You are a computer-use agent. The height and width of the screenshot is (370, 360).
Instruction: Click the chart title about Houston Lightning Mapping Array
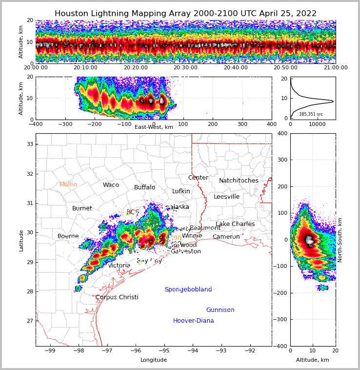tap(185, 14)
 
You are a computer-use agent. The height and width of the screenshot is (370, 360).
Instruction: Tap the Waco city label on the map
tap(111, 185)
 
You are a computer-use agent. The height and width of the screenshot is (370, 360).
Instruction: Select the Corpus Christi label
tap(117, 297)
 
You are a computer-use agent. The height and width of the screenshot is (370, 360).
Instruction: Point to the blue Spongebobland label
tap(188, 289)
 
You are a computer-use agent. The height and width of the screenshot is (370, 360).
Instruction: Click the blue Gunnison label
tap(220, 310)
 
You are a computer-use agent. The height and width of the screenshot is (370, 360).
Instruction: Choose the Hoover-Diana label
tap(194, 321)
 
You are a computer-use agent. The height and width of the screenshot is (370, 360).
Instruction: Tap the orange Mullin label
tap(68, 185)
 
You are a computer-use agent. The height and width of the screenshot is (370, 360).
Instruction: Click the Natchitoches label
tap(239, 181)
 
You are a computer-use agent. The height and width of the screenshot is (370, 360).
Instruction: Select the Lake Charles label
tap(235, 224)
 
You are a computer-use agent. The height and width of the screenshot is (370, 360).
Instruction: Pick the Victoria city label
tap(120, 266)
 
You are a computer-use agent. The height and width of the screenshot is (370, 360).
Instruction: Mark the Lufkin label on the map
tap(181, 191)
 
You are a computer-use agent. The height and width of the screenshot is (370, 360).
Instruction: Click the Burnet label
tap(82, 208)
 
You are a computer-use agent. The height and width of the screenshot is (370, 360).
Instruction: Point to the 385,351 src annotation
tap(311, 114)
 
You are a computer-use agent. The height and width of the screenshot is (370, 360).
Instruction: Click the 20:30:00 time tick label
tap(185, 67)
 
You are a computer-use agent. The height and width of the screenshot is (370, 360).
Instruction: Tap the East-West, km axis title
tap(154, 127)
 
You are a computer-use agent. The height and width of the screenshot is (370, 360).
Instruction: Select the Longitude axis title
tap(154, 360)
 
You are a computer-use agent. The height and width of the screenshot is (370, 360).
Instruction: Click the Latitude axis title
tap(21, 240)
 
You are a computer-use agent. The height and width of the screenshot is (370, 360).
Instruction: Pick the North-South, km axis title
tap(340, 240)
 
